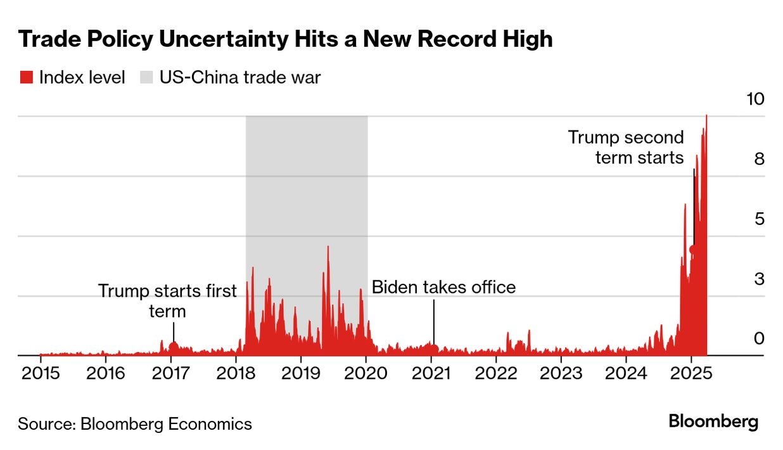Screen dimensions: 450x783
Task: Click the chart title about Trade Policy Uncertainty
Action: [285, 39]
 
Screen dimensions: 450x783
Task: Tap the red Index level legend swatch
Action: [26, 77]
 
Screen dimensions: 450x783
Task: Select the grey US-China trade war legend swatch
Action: [146, 77]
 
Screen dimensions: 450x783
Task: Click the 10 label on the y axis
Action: [756, 99]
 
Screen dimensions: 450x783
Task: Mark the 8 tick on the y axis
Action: [760, 158]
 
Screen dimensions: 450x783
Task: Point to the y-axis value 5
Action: [760, 219]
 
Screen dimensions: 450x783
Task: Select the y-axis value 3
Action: [760, 279]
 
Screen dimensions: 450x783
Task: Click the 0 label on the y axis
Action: [760, 338]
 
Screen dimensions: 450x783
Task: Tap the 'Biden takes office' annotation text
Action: [443, 287]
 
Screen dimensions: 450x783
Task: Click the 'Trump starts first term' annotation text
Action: [167, 300]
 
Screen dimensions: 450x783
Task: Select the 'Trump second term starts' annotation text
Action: [626, 147]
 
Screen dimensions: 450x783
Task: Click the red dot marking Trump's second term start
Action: [694, 250]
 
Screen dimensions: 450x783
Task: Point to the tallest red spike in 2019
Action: [328, 248]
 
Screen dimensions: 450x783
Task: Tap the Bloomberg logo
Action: [713, 422]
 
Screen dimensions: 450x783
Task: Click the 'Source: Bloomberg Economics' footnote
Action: [135, 423]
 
